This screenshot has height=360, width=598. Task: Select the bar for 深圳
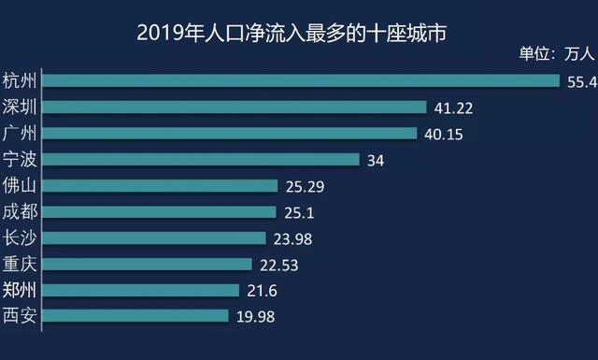pos(235,108)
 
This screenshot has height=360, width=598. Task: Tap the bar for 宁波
pos(201,160)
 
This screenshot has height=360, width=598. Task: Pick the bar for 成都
pos(160,212)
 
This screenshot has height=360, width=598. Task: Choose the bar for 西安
pos(135,316)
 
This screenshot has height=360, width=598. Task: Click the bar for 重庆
pos(148,264)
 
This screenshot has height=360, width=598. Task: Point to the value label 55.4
pos(581,82)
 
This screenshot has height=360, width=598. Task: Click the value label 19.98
pos(255,317)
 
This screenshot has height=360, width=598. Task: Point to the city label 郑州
pos(20,289)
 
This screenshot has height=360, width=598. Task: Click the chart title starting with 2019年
pos(291,34)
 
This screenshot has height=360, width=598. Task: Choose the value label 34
pos(376,161)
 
